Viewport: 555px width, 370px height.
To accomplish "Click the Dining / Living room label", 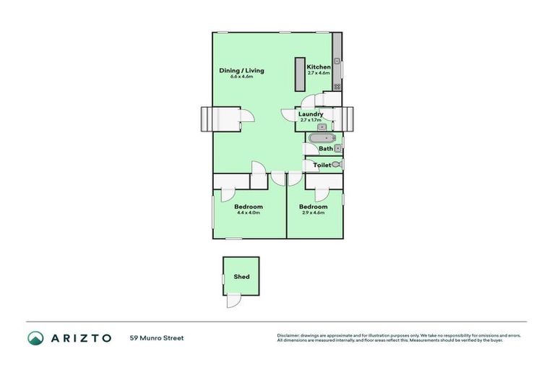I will (241, 70).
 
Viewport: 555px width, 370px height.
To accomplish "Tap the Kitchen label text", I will (319, 66).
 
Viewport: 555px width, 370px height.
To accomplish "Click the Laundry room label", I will (311, 113).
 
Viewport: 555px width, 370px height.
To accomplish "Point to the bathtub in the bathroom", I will (319, 137).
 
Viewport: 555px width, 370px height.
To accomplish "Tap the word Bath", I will (326, 149).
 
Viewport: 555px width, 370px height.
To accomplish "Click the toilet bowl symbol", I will (337, 165).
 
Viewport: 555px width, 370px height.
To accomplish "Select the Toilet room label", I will (322, 165).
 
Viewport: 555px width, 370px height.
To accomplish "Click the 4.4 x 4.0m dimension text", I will (249, 212).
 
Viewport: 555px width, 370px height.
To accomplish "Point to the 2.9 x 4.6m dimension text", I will (313, 212).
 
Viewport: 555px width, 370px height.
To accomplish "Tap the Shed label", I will (241, 277).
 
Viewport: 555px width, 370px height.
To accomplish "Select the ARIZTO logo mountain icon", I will (35, 337).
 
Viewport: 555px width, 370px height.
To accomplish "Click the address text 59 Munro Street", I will (156, 337).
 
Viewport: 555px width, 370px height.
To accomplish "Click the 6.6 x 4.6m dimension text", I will (241, 76).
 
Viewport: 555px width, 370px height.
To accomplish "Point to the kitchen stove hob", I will (337, 86).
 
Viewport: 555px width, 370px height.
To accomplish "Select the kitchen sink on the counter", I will (337, 61).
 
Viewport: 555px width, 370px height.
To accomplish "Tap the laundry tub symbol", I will (322, 127).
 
